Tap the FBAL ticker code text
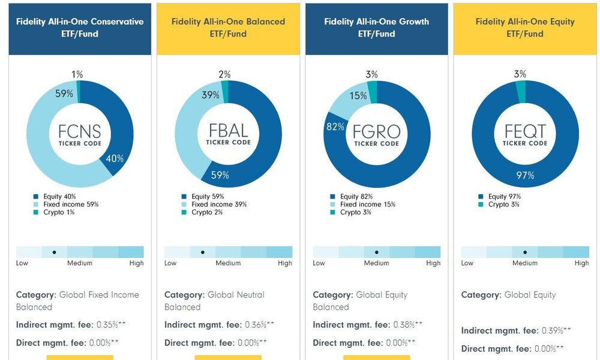tap(228, 131)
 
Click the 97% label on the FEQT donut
tap(525, 175)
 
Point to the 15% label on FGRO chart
tap(358, 95)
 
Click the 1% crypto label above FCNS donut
tap(77, 74)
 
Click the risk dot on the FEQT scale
tap(525, 253)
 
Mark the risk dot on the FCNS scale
tap(55, 253)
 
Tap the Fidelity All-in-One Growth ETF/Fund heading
tap(376, 28)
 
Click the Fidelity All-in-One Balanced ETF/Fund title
tap(228, 28)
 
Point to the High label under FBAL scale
tap(285, 263)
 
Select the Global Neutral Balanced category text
tap(215, 301)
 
